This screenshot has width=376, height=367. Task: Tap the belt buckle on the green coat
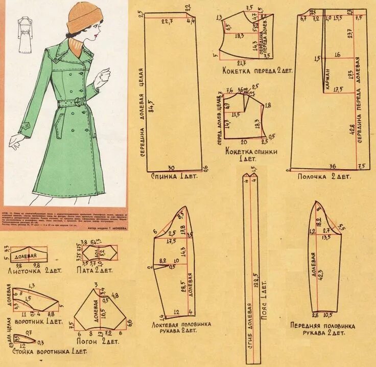(78, 102)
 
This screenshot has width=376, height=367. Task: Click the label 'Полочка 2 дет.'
(324, 176)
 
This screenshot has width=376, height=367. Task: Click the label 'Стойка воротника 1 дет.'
(43, 352)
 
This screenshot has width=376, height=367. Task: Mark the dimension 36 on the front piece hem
(332, 166)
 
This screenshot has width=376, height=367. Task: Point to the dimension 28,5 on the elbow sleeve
(182, 289)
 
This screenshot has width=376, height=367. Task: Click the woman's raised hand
(104, 77)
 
